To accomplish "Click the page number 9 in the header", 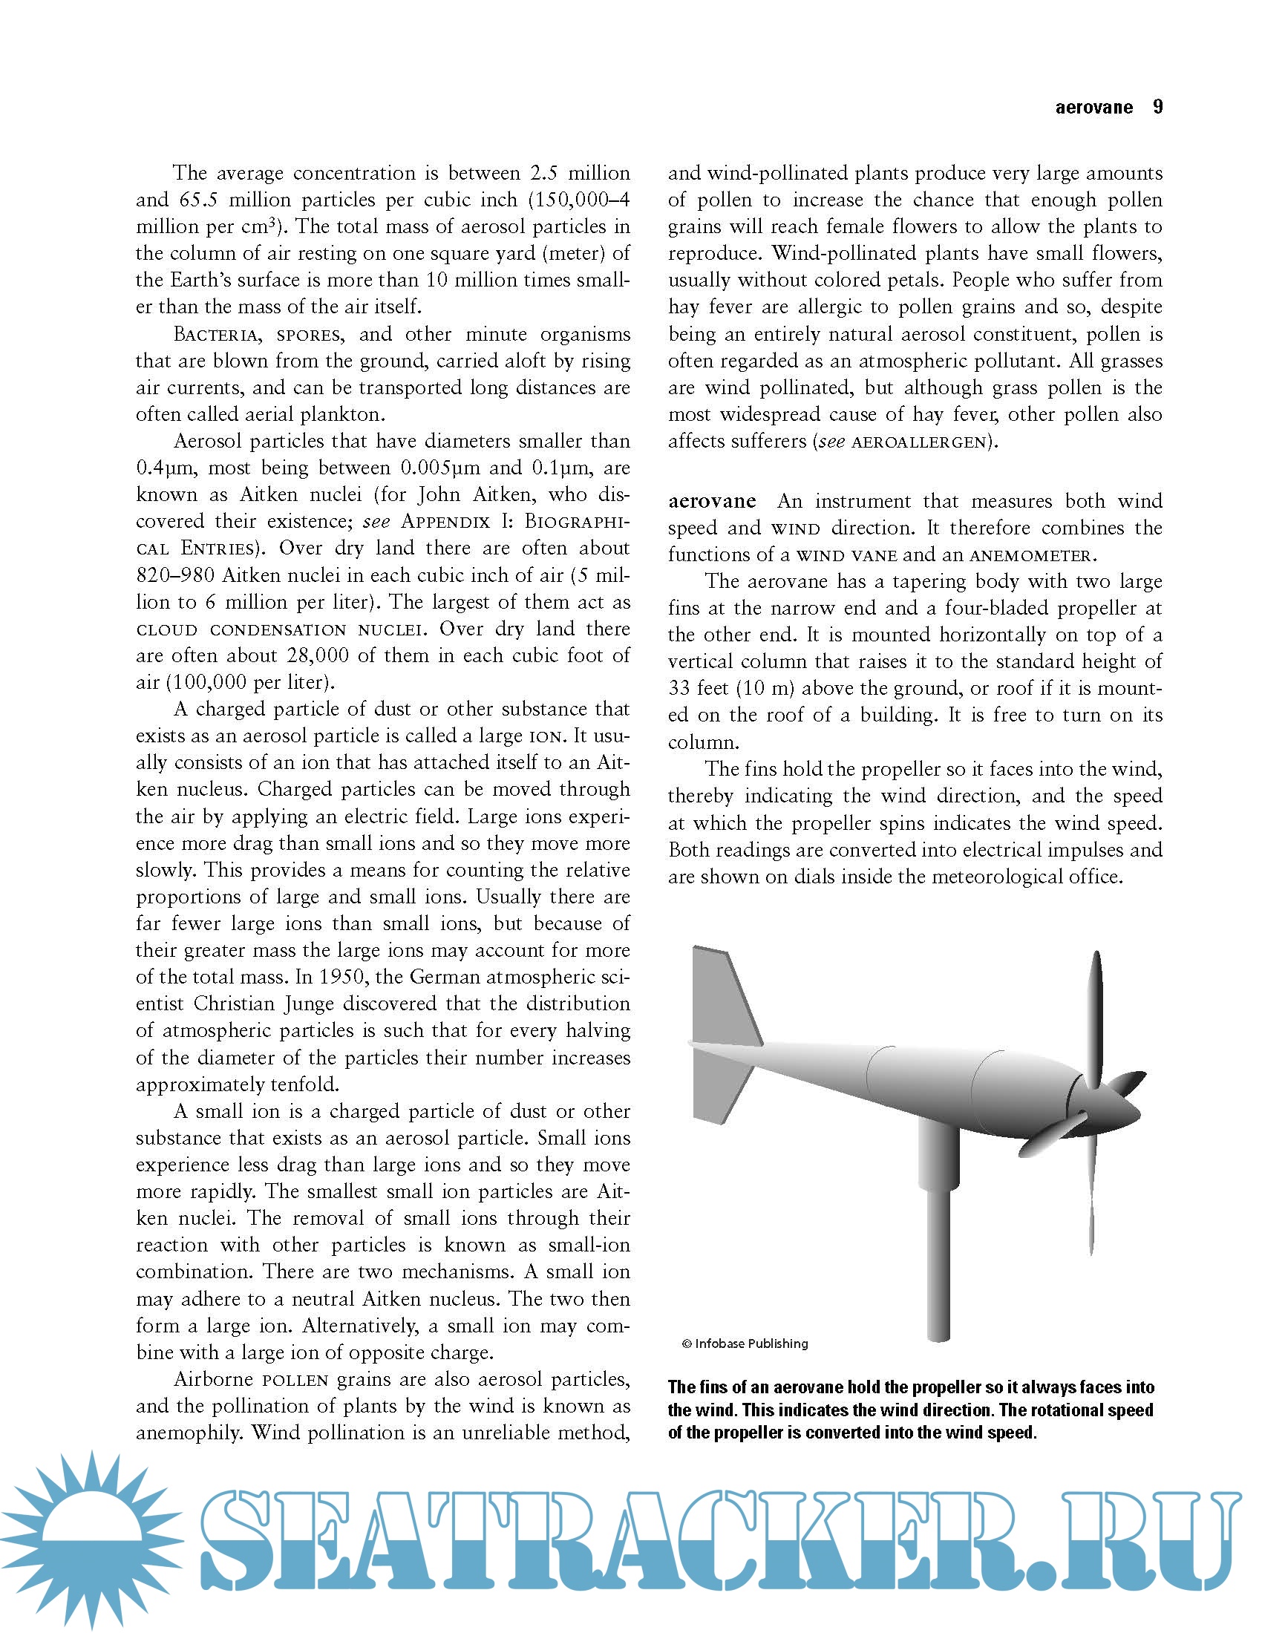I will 1157,107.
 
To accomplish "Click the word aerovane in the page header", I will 1093,108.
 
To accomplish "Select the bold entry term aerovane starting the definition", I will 712,501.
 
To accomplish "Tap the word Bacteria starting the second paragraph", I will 217,334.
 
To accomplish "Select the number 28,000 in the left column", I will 318,655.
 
